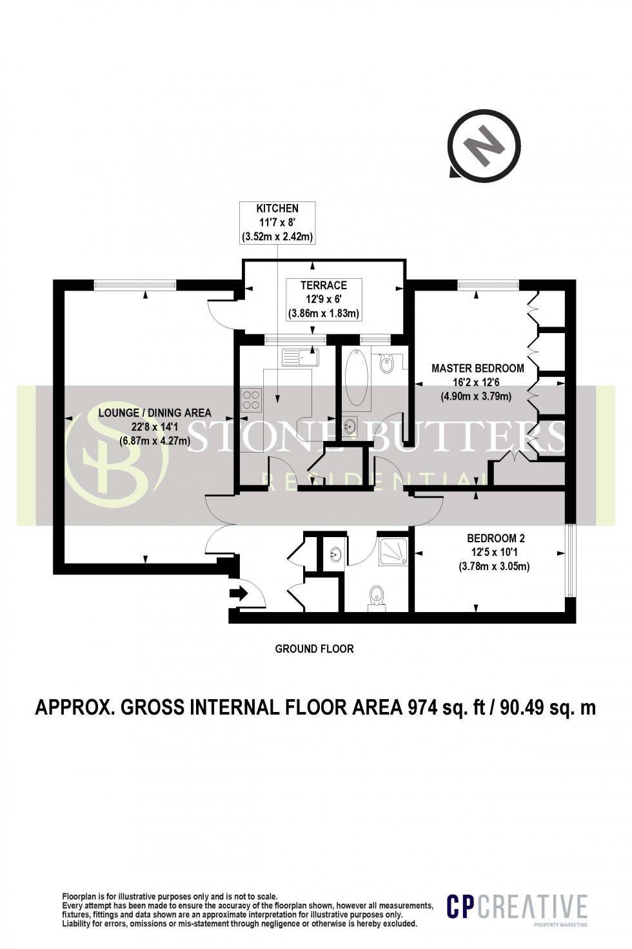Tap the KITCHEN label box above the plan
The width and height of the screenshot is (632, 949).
click(x=277, y=223)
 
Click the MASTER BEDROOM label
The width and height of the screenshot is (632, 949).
click(x=477, y=368)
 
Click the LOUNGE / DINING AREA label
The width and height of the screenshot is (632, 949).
click(x=155, y=413)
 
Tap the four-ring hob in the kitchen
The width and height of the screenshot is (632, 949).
click(x=250, y=400)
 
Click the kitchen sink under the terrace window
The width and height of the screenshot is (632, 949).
click(x=300, y=357)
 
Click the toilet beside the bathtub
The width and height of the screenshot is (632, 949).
click(x=387, y=365)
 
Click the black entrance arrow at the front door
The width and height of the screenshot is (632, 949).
click(x=238, y=594)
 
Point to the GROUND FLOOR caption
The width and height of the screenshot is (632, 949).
click(x=314, y=649)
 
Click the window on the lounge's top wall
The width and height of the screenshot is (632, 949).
click(x=135, y=284)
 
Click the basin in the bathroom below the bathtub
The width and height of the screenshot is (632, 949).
click(x=351, y=425)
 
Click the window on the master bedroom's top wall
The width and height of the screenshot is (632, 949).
click(x=488, y=284)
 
